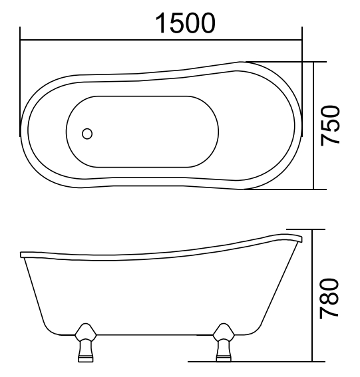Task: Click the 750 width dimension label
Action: click(x=331, y=125)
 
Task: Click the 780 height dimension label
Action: click(x=331, y=297)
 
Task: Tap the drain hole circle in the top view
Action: click(x=87, y=134)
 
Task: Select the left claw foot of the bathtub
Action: click(x=85, y=342)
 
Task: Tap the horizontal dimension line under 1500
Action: click(x=160, y=41)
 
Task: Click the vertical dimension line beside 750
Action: click(x=314, y=125)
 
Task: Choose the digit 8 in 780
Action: click(x=331, y=299)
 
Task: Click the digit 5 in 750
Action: click(x=331, y=126)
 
